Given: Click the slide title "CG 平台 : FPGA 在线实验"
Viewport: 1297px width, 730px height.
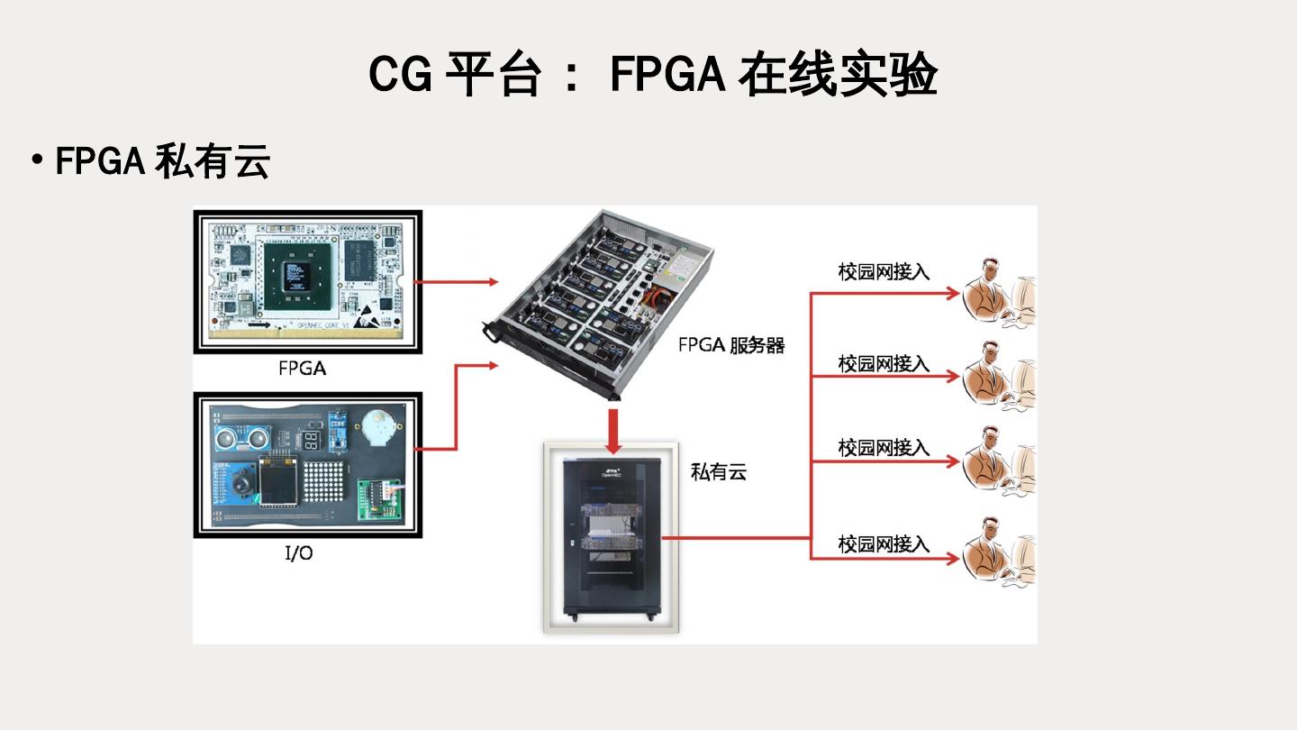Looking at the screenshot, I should tap(653, 74).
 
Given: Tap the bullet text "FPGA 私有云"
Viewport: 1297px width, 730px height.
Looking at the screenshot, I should tap(162, 162).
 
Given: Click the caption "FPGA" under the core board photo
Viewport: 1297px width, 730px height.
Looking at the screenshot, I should tap(302, 368).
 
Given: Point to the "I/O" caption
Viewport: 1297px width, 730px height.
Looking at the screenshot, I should tap(299, 553).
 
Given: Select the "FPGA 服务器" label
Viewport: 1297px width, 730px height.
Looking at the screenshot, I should tap(731, 345).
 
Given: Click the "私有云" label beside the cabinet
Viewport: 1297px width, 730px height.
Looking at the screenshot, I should tap(719, 471).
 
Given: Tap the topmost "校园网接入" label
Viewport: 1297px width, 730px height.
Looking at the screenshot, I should tap(884, 272).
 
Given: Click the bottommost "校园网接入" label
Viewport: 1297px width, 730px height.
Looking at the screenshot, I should tap(884, 544).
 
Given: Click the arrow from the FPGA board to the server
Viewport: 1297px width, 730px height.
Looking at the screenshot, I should tap(459, 282).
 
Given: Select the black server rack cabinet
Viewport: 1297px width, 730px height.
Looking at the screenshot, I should tap(611, 538).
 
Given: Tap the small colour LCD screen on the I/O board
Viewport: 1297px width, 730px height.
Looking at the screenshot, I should tap(277, 482).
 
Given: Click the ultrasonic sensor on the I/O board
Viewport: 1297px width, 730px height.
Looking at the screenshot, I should tap(242, 439).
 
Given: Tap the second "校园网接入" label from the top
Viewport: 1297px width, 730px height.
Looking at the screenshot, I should tap(884, 363).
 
